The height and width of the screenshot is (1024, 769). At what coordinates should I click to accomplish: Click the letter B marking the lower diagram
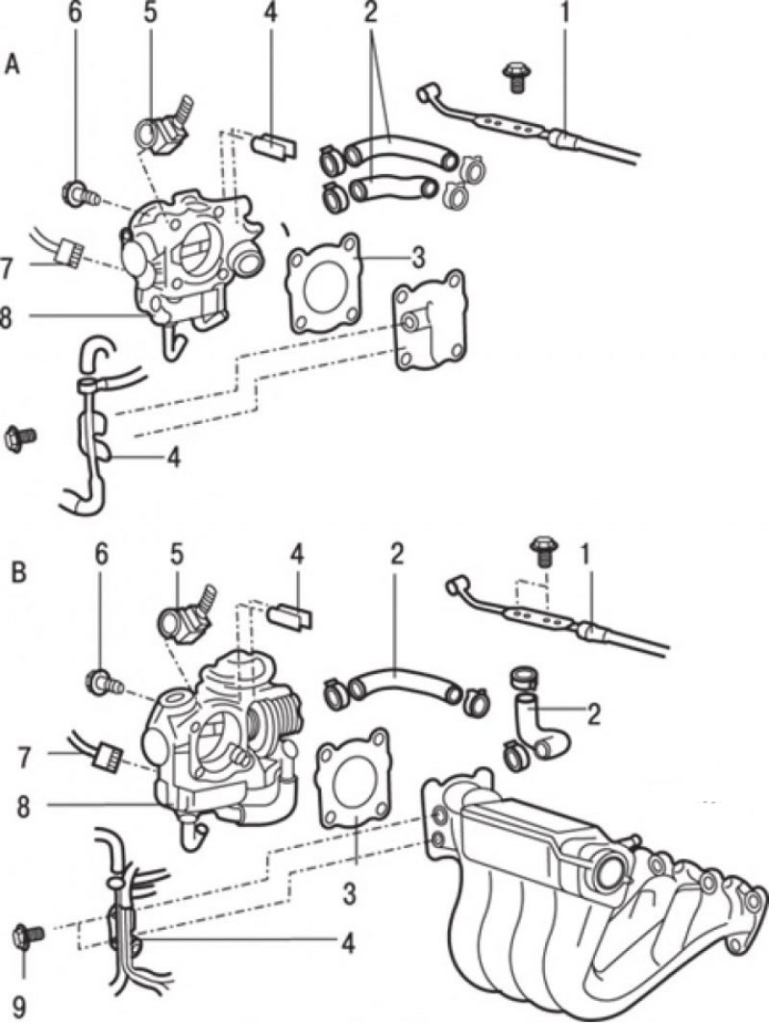[x=19, y=572]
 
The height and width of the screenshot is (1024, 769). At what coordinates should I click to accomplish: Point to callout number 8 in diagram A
[x=6, y=318]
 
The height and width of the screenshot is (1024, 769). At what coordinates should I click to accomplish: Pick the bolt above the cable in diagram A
[x=516, y=77]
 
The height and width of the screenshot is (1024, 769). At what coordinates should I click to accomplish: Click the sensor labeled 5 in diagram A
[x=163, y=126]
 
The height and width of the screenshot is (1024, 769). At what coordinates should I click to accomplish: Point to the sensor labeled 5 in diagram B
[x=186, y=614]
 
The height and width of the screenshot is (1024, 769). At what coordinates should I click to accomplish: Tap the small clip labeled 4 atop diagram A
[x=274, y=145]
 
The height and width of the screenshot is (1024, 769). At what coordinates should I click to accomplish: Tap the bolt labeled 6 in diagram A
[x=81, y=194]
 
